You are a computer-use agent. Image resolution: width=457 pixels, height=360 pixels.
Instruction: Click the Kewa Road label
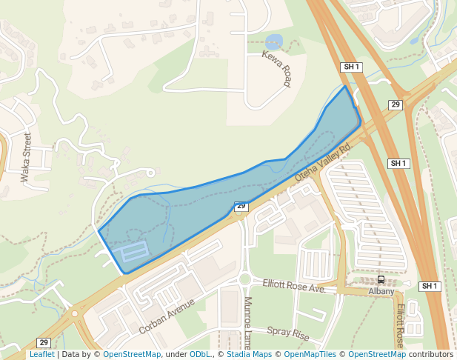coord(276,68)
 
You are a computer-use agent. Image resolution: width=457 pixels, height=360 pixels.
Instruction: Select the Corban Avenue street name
coord(167,316)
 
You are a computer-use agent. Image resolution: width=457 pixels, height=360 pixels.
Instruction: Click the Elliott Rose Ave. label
coord(294,286)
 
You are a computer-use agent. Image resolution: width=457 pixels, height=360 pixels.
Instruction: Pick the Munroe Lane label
coord(247,322)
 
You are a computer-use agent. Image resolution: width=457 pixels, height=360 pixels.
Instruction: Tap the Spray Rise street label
coord(287,334)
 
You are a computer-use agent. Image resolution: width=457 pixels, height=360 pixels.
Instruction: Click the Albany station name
coord(381,292)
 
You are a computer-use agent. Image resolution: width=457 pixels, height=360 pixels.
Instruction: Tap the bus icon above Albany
coord(381,279)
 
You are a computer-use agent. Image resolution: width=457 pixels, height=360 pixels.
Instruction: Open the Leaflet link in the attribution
coord(41,355)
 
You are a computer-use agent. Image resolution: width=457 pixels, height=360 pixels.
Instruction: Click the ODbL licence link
coord(199,355)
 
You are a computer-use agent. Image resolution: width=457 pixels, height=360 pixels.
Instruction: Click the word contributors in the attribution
coord(431,355)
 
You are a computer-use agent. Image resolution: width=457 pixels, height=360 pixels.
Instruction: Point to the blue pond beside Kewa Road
coord(273,41)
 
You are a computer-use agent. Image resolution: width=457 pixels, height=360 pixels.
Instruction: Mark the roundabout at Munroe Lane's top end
coord(245,280)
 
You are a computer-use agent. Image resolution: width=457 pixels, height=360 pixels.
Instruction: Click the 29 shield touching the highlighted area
coord(241,207)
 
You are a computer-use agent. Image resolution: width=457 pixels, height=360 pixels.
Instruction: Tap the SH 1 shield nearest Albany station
coord(430,287)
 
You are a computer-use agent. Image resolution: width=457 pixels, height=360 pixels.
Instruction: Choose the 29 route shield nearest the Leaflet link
coord(44,342)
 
